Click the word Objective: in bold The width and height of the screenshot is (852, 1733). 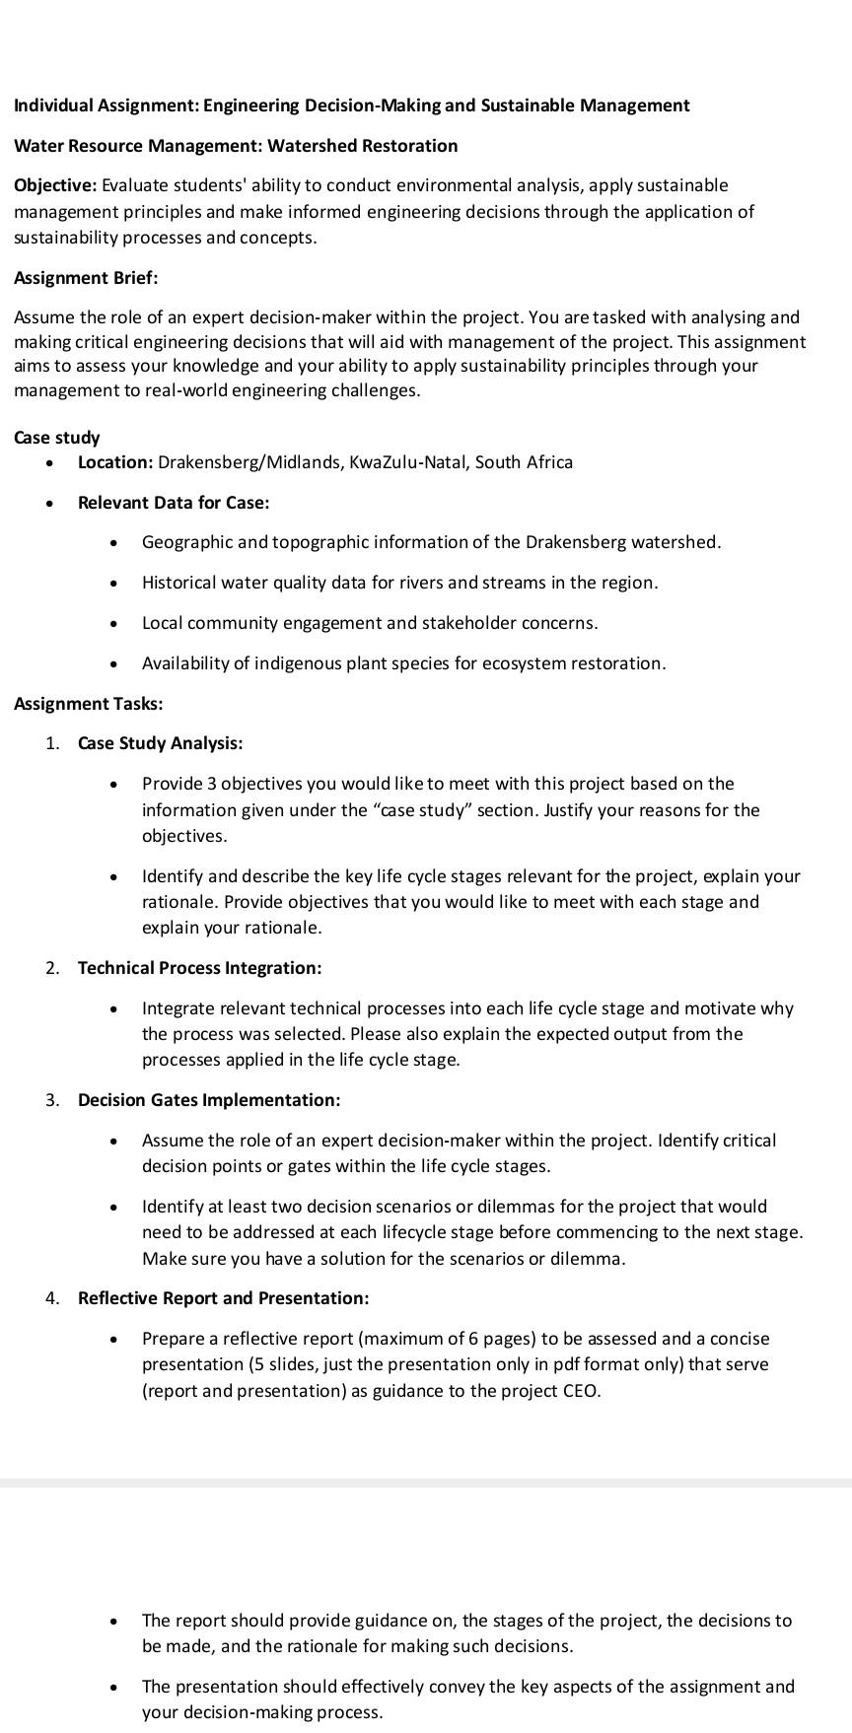(55, 185)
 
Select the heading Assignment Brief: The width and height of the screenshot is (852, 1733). (86, 278)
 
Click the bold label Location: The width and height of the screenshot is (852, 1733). (115, 462)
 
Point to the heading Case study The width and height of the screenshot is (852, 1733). (57, 438)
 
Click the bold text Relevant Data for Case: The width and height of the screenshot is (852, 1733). (174, 503)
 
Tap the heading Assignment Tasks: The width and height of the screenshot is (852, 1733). (89, 704)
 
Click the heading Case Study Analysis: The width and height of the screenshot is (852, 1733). (160, 743)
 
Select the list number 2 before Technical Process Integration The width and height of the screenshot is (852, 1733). (50, 968)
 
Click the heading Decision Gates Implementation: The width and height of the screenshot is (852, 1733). (209, 1100)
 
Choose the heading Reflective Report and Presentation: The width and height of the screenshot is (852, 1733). (224, 1298)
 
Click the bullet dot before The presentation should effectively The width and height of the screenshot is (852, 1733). (116, 1688)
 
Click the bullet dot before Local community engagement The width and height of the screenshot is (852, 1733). (116, 624)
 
